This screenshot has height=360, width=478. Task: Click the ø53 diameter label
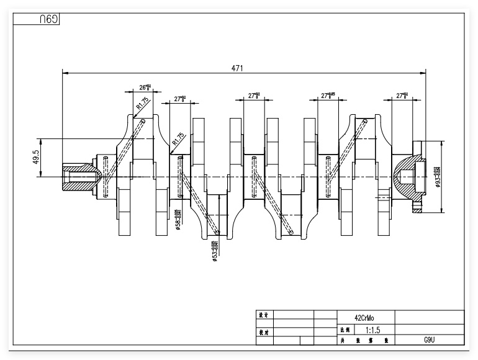[214, 251]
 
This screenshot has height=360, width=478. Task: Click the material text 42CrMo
[364, 316]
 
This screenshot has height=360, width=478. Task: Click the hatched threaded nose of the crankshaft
[80, 178]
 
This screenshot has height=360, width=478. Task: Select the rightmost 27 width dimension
[403, 96]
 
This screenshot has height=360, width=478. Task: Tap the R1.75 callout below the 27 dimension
[178, 140]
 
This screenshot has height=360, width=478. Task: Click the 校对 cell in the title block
[263, 332]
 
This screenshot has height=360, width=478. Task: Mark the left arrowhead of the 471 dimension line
[65, 73]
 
